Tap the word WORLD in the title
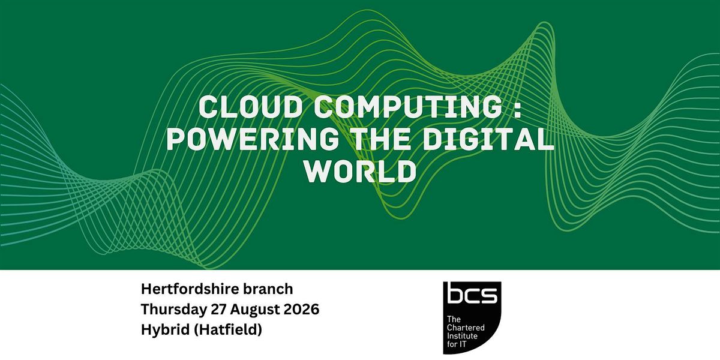[x=360, y=172]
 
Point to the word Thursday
[x=174, y=310]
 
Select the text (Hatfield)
[x=228, y=330]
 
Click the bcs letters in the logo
[x=472, y=295]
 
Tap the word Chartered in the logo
[x=466, y=328]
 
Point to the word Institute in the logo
[x=462, y=336]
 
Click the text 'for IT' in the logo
[x=457, y=344]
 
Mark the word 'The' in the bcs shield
[x=454, y=319]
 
